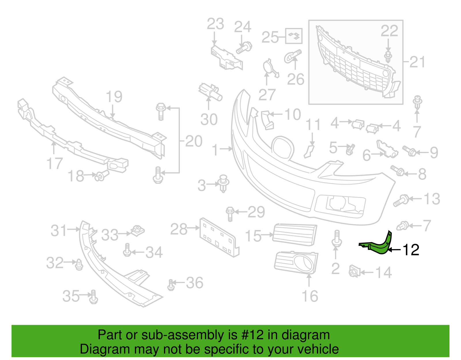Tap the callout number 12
411,250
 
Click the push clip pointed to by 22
388,57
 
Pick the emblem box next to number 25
294,36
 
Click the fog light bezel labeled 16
296,263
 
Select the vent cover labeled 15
295,235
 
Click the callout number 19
114,97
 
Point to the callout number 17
54,163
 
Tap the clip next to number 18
102,176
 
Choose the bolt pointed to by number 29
230,214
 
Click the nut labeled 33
137,231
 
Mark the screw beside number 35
94,297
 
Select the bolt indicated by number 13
401,200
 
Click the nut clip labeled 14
354,271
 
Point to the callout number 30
209,119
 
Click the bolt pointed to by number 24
244,48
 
